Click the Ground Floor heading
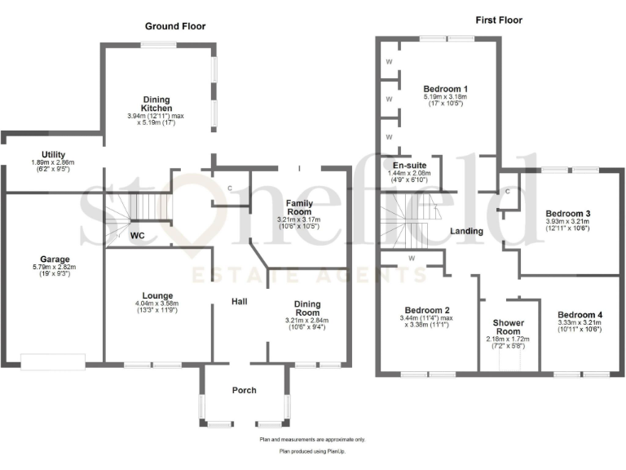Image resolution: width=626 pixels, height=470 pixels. [x=175, y=26]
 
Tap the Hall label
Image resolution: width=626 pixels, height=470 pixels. [x=239, y=302]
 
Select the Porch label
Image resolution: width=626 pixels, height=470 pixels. [x=245, y=389]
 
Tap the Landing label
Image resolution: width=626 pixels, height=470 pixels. [x=466, y=231]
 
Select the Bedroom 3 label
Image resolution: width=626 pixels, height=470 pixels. [x=568, y=214]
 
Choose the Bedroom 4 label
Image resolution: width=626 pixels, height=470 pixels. [x=580, y=314]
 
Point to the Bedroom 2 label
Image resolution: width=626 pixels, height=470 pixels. [x=426, y=310]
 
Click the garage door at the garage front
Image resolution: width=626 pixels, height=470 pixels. [x=53, y=361]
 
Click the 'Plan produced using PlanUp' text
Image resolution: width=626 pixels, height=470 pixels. [x=312, y=450]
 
